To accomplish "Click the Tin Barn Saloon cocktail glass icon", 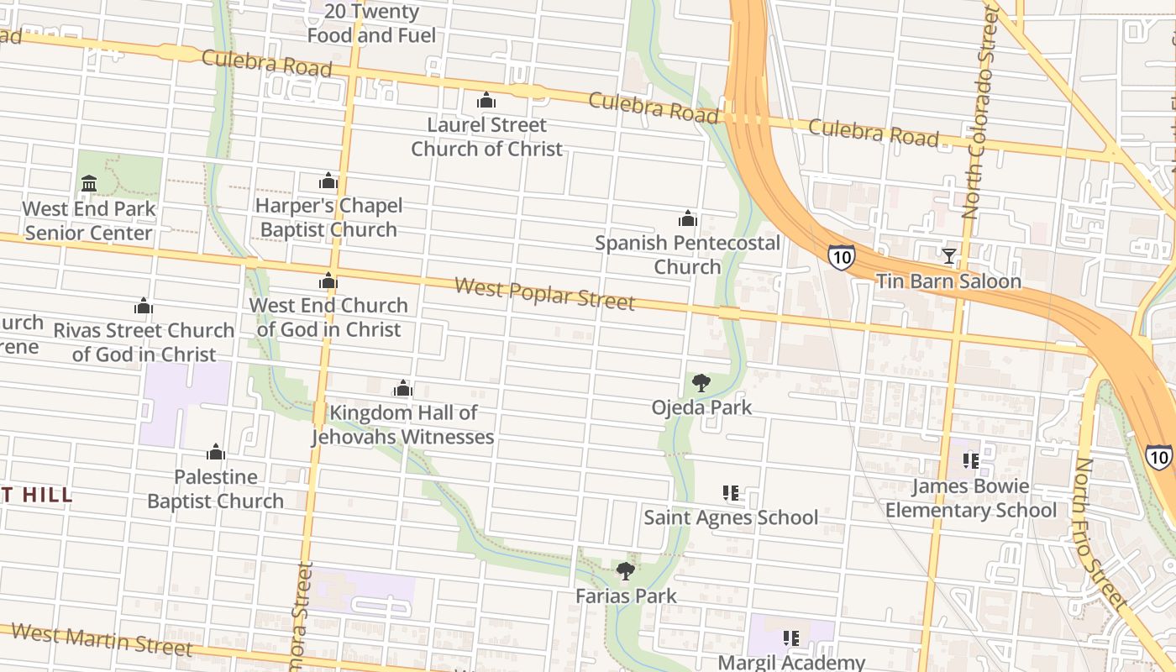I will point(949,255).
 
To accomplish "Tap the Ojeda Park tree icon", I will point(701,383).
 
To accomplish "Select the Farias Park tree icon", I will point(625,571).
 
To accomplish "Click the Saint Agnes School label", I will point(731,517).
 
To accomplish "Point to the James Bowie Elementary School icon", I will point(971,460).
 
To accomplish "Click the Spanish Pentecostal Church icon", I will point(688,219).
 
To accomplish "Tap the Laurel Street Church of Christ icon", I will point(486,101).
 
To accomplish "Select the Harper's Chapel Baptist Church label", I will point(328,218).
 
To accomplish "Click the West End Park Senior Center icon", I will point(89,183).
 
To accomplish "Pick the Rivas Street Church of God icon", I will point(144,306).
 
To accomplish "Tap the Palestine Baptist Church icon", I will point(216,453).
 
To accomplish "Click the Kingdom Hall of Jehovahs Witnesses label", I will point(403,425).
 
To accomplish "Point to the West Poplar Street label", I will point(544,294).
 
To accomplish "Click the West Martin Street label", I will point(102,639).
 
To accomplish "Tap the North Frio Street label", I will point(1100,533).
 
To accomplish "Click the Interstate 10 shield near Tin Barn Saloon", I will point(841,256).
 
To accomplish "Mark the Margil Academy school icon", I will point(790,638).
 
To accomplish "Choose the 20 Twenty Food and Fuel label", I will point(371,24).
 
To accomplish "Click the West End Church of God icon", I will point(328,281).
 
